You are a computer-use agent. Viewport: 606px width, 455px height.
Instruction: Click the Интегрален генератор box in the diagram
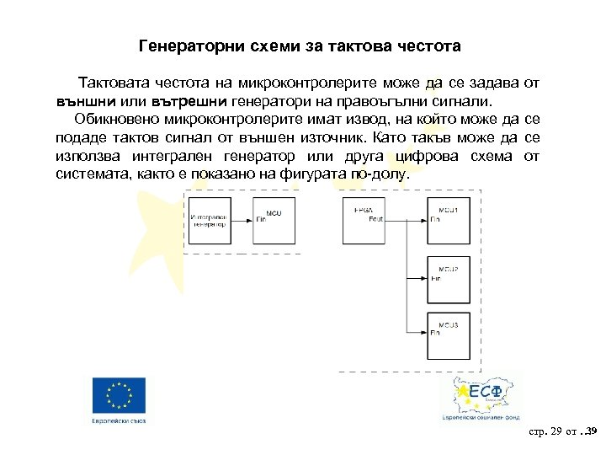210,222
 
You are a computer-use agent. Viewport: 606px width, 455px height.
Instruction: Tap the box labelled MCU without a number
275,222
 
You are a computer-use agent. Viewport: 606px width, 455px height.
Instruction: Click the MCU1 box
449,222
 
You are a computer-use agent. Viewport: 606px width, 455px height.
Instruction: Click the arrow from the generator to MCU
242,222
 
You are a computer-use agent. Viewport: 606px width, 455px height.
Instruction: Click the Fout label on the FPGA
376,220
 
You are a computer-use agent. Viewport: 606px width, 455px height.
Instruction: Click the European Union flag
119,394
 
